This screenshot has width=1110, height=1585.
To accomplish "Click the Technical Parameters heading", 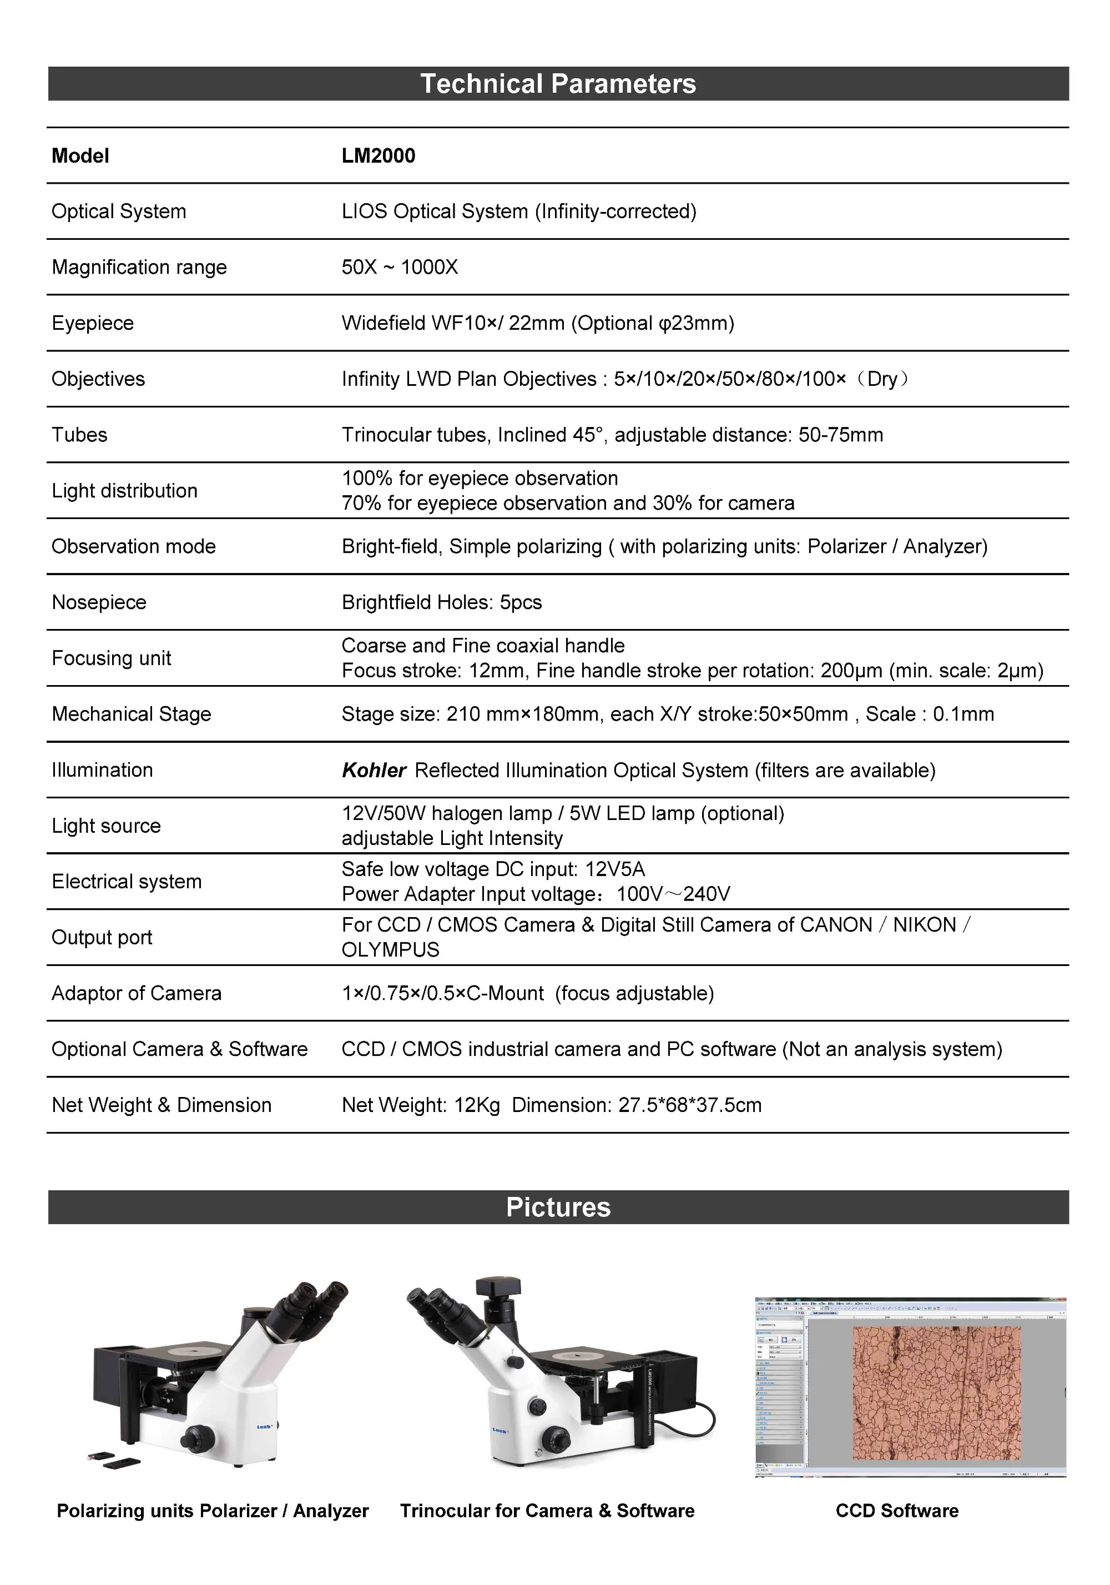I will [558, 83].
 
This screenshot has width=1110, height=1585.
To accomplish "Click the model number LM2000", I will [379, 155].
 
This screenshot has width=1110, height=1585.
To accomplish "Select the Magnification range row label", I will [139, 267].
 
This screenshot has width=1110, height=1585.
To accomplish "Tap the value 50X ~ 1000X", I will [400, 267].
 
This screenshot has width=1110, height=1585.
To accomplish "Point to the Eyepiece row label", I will [93, 323].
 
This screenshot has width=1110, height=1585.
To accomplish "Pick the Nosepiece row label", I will [99, 602].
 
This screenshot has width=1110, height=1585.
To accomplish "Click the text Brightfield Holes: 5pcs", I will [441, 602].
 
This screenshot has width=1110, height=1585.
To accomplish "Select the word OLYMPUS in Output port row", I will [390, 949].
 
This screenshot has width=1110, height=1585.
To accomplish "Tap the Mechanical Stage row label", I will [131, 714].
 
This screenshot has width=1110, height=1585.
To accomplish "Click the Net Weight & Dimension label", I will [161, 1105].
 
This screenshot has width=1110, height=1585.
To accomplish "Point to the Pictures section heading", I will [558, 1207].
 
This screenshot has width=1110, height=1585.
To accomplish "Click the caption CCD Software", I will [897, 1511].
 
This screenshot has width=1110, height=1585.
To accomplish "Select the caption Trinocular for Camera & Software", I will [547, 1511].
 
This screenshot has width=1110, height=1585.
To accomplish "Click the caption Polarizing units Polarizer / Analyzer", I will [213, 1511].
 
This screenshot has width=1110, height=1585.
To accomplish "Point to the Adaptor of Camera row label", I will [136, 993].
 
